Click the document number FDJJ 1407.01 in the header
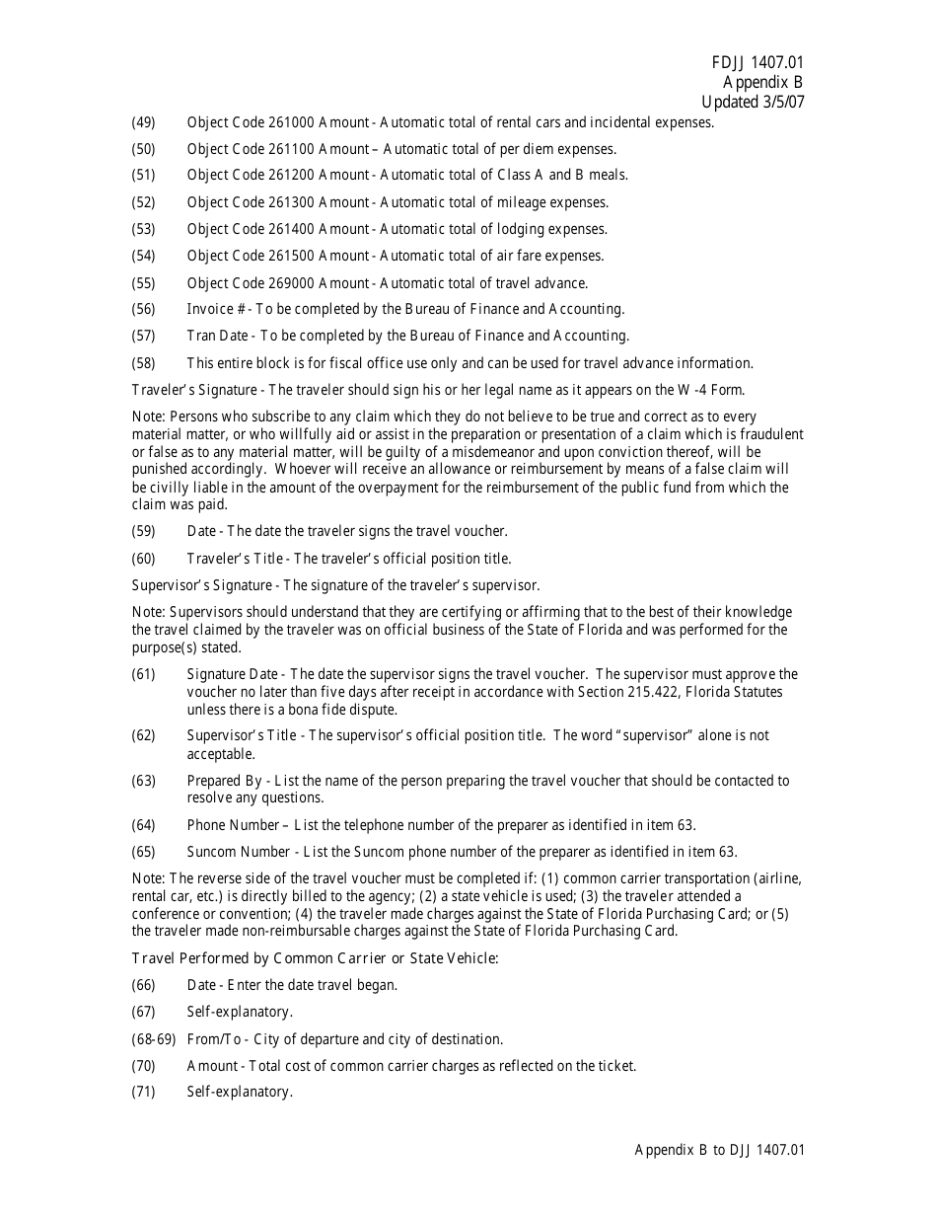tap(757, 63)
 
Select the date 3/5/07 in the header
tap(779, 102)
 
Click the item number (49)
tap(144, 122)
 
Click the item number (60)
tap(144, 559)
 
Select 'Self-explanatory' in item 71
tap(240, 1093)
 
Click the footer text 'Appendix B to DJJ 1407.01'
tap(720, 1150)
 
